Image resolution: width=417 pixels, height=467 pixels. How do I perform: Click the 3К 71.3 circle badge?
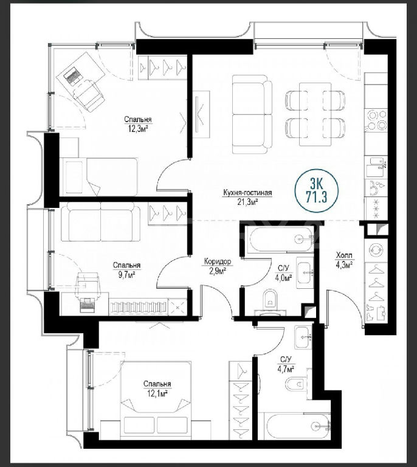316,190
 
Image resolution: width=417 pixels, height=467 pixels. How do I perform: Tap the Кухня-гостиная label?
247,193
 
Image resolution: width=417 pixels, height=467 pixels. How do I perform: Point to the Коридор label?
218,261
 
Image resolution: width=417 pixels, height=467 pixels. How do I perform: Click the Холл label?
344,255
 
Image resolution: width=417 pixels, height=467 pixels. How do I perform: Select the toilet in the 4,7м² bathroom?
297,384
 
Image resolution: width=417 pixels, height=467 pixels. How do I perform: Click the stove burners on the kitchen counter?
376,120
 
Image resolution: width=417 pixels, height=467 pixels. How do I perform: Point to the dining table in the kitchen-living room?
315,114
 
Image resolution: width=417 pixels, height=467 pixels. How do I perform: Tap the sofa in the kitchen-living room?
252,114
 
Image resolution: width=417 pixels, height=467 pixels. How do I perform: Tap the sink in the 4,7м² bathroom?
303,337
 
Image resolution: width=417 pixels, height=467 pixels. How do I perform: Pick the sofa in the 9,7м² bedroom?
101,221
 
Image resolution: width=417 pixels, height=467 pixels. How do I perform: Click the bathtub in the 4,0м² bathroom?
281,240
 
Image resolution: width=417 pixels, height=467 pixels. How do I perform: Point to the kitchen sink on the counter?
376,167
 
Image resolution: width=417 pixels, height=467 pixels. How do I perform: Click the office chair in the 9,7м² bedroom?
88,283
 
